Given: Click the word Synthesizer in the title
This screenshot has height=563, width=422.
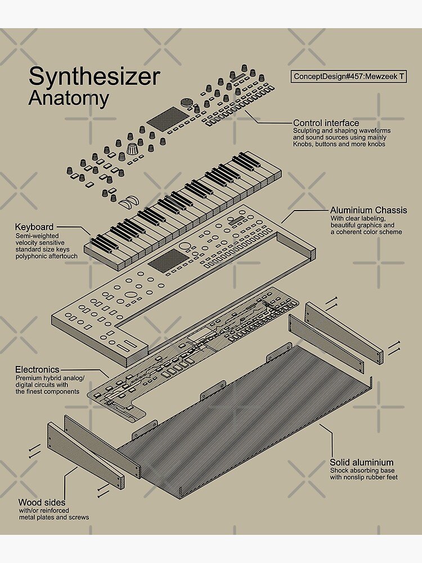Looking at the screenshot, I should point(94,77).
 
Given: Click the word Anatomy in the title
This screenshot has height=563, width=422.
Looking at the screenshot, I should point(69,98).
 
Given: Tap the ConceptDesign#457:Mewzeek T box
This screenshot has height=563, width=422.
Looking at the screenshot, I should point(349,77).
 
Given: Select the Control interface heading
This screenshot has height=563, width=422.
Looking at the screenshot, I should point(326,123).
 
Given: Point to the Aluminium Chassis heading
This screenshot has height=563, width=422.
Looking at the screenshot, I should point(369,210).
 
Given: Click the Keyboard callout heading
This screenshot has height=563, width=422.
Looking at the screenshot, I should point(34,227).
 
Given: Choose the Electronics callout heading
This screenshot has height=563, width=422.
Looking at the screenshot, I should point(37,369).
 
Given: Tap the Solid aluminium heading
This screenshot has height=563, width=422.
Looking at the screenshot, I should point(361,462).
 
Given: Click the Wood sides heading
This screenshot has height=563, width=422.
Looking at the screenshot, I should point(41,502).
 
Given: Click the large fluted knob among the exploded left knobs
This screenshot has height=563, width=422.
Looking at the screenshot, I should point(133,150).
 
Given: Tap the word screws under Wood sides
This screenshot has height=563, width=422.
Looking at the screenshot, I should point(79,517).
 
